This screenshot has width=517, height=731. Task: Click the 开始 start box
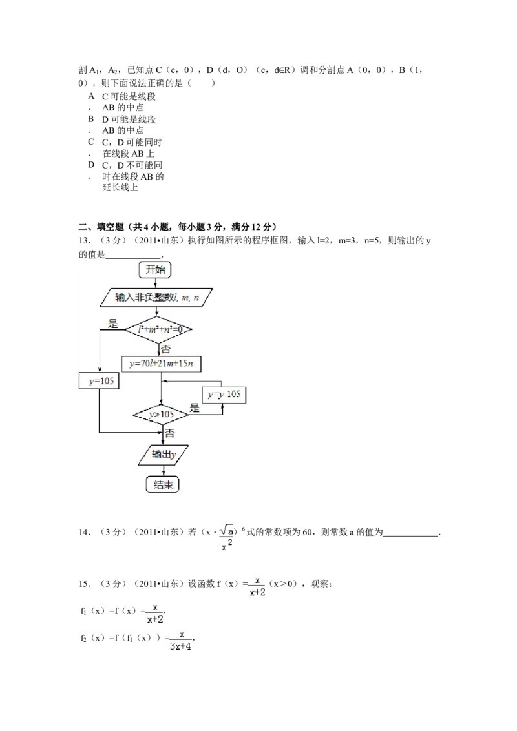pos(156,270)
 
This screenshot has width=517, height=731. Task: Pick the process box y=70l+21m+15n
pos(162,364)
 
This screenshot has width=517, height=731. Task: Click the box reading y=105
pos(100,381)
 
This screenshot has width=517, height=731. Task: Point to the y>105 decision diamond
pos(160,413)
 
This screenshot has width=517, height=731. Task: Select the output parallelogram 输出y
pos(162,454)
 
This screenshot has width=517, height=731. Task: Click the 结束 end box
pos(162,485)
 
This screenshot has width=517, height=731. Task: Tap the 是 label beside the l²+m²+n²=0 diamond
pos(114,324)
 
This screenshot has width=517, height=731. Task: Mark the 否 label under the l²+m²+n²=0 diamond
pos(166,349)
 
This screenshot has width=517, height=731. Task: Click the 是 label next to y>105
pos(195,409)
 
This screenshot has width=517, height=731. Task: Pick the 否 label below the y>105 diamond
pos(169,433)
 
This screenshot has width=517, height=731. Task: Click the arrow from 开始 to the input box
pos(156,283)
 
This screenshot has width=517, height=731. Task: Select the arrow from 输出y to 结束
pos(162,470)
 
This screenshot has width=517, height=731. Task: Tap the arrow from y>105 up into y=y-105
pos(223,407)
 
